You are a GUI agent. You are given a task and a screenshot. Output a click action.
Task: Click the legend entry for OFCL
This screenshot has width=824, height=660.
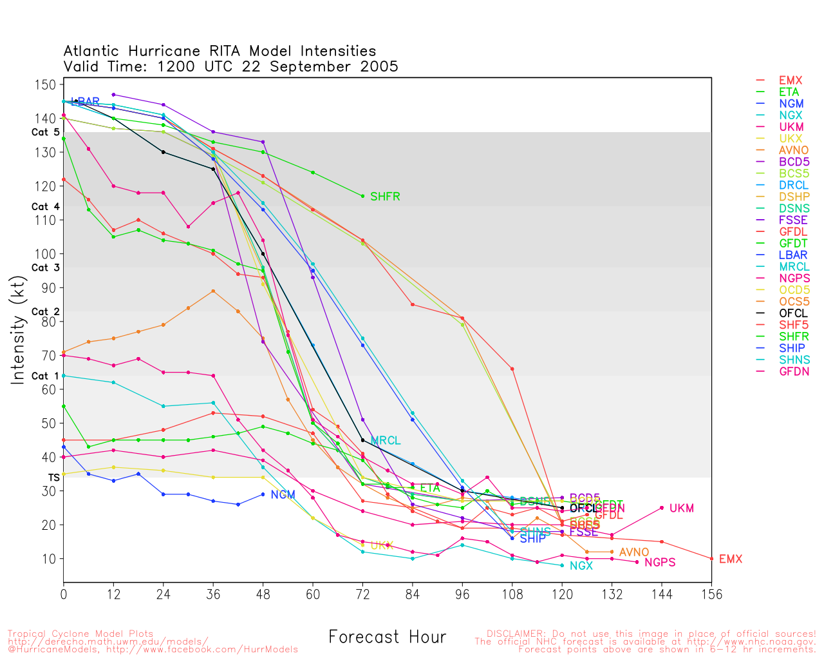(793, 313)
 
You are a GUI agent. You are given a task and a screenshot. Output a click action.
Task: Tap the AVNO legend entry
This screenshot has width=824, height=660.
(793, 150)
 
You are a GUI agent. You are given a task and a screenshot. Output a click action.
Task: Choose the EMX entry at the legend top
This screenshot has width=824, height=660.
(791, 81)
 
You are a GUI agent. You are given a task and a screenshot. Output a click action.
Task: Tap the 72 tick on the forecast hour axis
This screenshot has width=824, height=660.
(362, 594)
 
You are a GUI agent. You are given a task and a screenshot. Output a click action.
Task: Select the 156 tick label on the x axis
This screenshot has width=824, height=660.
(711, 594)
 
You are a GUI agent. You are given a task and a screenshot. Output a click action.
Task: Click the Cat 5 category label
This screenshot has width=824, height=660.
(46, 132)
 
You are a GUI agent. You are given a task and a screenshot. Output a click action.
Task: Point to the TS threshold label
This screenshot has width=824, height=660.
(54, 478)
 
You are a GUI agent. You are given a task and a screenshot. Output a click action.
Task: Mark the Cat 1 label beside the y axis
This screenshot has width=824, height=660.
(46, 376)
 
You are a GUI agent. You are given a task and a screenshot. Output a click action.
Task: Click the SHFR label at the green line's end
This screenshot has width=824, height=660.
(385, 197)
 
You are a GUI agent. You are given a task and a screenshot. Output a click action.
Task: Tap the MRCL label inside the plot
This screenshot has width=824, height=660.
(386, 441)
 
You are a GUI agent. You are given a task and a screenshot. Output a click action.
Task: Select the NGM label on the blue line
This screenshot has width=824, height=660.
(283, 495)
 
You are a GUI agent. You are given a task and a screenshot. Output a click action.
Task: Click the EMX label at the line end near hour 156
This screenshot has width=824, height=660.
(731, 559)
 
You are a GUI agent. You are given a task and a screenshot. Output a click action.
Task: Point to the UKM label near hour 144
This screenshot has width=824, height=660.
(682, 509)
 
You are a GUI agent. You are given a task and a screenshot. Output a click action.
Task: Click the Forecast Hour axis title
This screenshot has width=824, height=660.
(387, 637)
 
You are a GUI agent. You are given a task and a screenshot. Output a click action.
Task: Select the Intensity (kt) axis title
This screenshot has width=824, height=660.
(18, 331)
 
